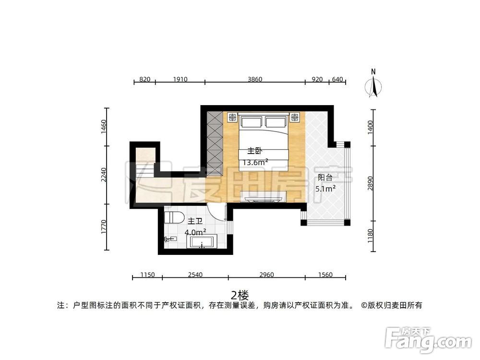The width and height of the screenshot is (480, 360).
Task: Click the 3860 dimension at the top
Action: (x=255, y=80)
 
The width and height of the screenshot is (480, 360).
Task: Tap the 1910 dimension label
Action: (x=180, y=80)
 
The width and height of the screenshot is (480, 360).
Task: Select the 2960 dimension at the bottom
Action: (x=266, y=275)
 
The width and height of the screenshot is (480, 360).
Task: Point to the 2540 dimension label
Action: (x=195, y=275)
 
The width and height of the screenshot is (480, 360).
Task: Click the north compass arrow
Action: (x=373, y=85)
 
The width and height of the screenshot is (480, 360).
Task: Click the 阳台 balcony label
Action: (x=325, y=178)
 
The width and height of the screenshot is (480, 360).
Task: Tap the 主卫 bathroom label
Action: (x=194, y=221)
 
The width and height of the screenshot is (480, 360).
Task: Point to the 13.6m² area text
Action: (x=255, y=162)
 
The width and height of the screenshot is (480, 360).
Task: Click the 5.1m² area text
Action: (x=325, y=189)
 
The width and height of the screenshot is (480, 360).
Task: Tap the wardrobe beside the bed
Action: (x=215, y=138)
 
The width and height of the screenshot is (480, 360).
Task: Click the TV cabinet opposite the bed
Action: (x=264, y=197)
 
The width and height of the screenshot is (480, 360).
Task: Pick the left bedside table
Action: (x=232, y=117)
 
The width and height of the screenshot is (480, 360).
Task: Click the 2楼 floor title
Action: (x=239, y=294)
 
